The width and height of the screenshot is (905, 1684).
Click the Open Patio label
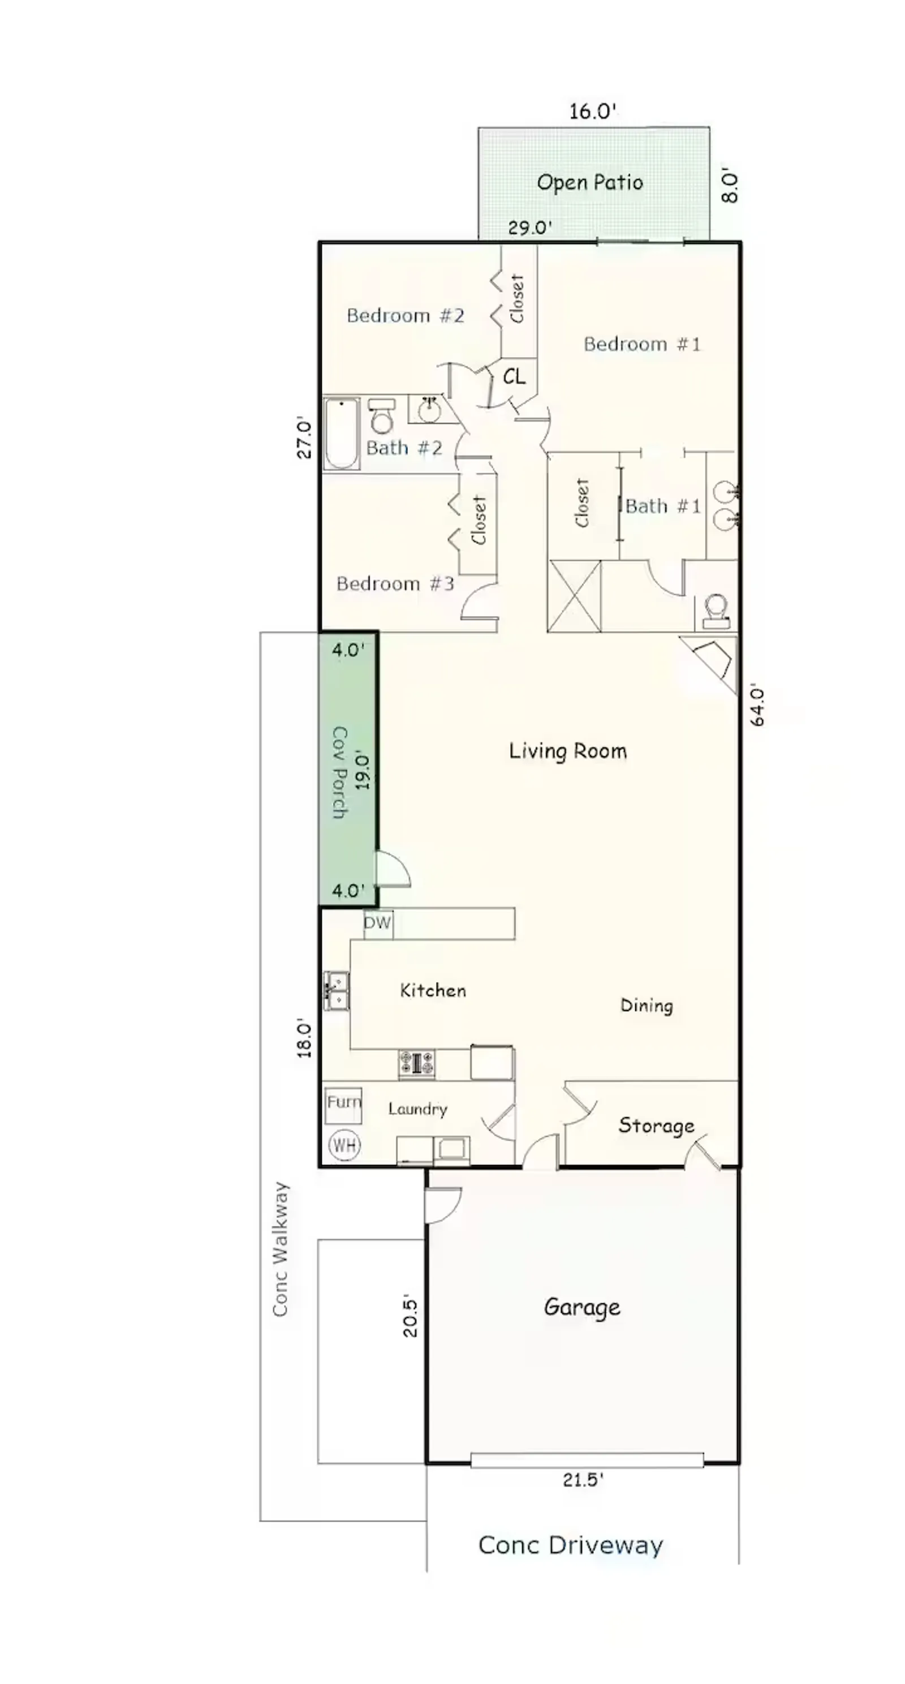pyautogui.click(x=589, y=182)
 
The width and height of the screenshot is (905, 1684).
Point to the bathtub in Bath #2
pyautogui.click(x=341, y=433)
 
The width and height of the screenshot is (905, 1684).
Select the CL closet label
pyautogui.click(x=514, y=376)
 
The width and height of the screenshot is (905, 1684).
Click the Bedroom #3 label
pyautogui.click(x=395, y=583)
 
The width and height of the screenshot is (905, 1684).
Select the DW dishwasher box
pyautogui.click(x=378, y=923)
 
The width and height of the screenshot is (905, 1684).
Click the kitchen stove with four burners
pyautogui.click(x=417, y=1064)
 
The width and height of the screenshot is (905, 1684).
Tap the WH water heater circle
pyautogui.click(x=344, y=1145)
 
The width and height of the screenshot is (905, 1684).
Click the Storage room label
pyautogui.click(x=656, y=1125)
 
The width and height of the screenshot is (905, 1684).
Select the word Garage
pyautogui.click(x=581, y=1308)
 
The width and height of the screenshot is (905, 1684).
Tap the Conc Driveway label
pyautogui.click(x=571, y=1545)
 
